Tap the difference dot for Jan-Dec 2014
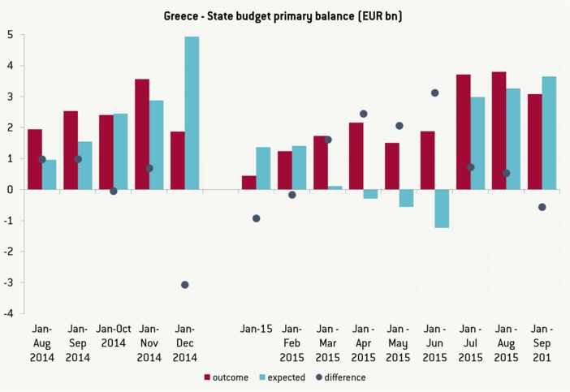(185, 285)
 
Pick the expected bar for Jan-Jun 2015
(442, 209)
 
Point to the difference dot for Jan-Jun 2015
(435, 93)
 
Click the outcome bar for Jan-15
(249, 183)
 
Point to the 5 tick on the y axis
(10, 35)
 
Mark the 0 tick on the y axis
(10, 190)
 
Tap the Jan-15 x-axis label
(256, 330)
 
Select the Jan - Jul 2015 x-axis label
(470, 342)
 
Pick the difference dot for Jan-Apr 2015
(364, 114)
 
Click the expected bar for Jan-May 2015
(406, 198)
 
